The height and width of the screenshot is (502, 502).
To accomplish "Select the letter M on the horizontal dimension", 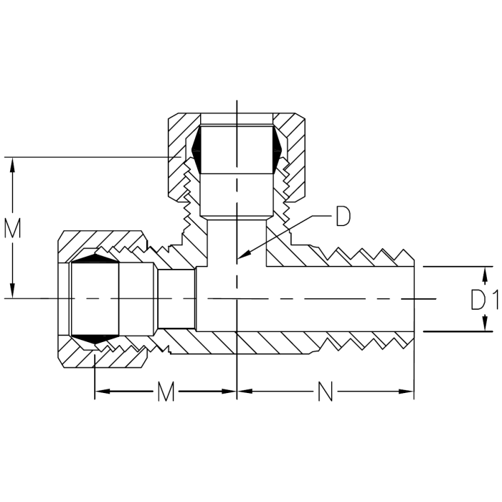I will click(x=166, y=392).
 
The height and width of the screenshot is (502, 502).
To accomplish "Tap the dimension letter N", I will click(x=325, y=392).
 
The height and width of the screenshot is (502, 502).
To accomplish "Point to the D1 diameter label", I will click(x=484, y=300).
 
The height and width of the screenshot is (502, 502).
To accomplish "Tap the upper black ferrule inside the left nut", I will click(x=94, y=257).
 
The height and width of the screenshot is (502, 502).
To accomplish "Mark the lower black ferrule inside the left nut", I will click(x=94, y=337).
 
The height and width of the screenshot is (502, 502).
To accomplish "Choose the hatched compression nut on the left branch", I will click(x=72, y=244).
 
